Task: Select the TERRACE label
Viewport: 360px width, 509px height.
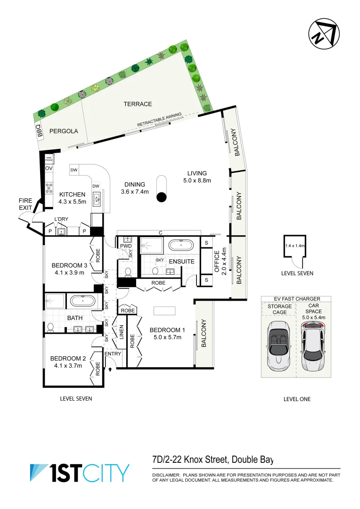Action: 138,104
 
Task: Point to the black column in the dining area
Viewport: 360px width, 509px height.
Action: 161,197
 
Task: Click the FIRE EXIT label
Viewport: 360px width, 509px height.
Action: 25,204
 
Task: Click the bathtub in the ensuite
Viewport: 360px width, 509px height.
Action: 181,245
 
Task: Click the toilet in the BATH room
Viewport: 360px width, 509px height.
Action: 50,326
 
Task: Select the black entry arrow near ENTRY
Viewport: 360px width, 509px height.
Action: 110,370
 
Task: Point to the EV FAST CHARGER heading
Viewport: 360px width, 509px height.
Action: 297,299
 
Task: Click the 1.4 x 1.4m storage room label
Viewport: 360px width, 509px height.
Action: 295,246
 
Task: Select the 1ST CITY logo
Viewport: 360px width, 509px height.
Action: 80,473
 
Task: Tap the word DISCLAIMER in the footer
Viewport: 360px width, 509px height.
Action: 166,475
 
